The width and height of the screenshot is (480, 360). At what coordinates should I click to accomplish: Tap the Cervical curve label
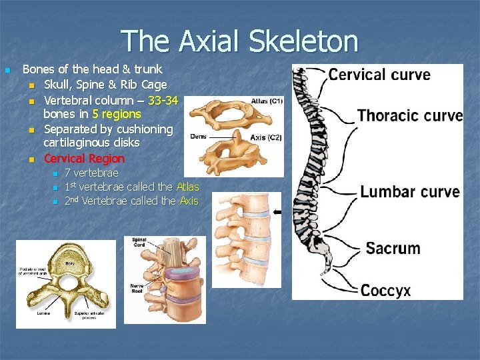pos(379,74)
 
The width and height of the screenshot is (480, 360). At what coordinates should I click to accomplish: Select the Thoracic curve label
pos(409,115)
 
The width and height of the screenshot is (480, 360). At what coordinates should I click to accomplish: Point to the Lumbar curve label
pos(410,192)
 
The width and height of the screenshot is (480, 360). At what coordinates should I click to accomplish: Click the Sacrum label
pos(393,249)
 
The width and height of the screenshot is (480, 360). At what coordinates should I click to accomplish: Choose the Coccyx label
pos(385,290)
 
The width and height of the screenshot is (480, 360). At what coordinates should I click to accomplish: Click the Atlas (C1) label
pos(267,101)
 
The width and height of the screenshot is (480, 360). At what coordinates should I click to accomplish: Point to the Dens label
pos(198,136)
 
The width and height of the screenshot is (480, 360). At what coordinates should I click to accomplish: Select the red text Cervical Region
pos(84,159)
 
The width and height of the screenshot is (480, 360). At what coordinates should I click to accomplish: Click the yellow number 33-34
pos(163,100)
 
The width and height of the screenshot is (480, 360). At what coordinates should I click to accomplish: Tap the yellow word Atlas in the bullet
pos(187,187)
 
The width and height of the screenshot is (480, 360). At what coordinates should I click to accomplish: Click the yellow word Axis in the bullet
pos(189,201)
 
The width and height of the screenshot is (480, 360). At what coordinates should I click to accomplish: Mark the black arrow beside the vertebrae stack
pos(277,213)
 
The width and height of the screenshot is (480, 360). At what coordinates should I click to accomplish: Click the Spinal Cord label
pos(139,241)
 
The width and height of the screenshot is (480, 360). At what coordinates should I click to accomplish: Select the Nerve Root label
pos(137,287)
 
